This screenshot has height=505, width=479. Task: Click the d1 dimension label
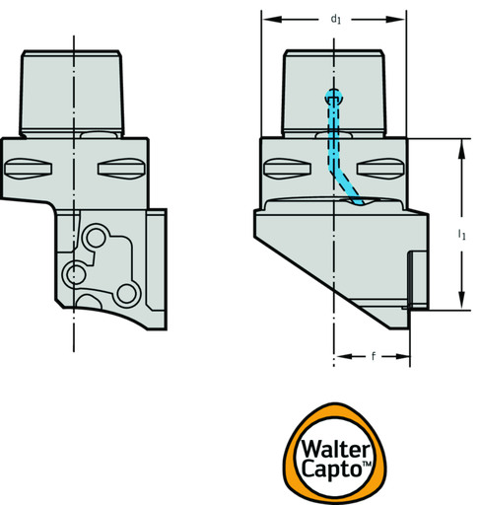tap(335, 20)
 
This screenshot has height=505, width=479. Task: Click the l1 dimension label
tap(461, 235)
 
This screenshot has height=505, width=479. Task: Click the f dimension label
tap(373, 356)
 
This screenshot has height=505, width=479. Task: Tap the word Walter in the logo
tap(335, 449)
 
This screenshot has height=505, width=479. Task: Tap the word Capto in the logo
tap(331, 469)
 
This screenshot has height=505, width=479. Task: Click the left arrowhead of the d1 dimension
tap(272, 20)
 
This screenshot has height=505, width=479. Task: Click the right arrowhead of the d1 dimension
tap(395, 20)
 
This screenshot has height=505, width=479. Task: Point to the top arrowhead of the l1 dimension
tap(461, 149)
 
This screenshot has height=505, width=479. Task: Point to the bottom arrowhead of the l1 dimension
tap(461, 300)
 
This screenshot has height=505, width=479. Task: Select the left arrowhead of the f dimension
tap(344, 356)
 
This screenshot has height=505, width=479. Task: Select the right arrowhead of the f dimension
tap(402, 356)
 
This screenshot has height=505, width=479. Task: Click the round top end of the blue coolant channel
tap(334, 97)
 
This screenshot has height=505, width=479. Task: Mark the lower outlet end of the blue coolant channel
tap(360, 201)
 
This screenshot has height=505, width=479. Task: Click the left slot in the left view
tap(28, 169)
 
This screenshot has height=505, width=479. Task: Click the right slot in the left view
tap(121, 169)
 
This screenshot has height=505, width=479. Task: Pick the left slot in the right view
tap(288, 169)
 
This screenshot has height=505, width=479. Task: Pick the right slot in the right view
tap(380, 169)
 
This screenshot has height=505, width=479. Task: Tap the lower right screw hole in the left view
tap(126, 294)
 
